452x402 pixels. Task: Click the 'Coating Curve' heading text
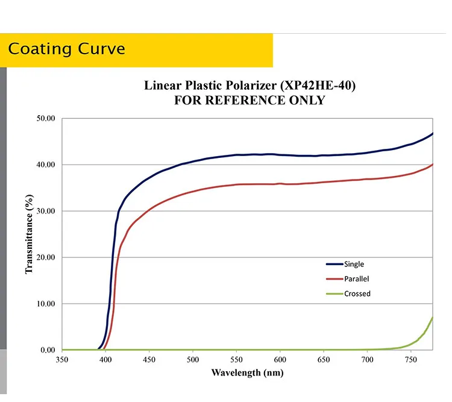[66, 49]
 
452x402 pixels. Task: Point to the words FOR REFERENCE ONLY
[250, 100]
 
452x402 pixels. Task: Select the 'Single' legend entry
[354, 264]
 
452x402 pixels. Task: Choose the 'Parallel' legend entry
[356, 279]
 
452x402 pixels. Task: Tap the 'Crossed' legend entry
[357, 294]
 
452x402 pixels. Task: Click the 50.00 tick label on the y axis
[46, 119]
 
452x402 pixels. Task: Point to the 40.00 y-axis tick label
[46, 165]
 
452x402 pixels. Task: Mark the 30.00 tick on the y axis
[46, 212]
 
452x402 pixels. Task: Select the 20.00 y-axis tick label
[46, 257]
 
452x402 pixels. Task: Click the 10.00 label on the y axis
[46, 304]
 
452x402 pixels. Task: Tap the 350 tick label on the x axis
[62, 360]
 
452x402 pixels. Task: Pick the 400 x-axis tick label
[105, 360]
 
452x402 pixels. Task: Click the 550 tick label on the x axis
[236, 360]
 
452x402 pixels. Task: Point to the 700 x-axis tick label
[367, 360]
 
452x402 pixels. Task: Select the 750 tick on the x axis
[410, 360]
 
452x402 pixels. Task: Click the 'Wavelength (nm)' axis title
[247, 372]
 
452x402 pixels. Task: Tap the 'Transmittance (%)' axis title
[29, 234]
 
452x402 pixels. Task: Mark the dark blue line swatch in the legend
[334, 264]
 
